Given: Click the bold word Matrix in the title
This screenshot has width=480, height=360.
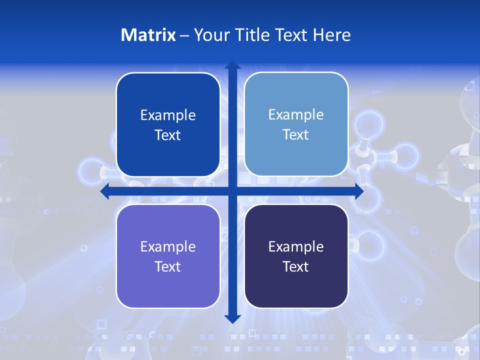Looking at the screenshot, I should coord(148,35).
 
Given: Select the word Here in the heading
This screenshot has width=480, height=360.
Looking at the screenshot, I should coord(332,35).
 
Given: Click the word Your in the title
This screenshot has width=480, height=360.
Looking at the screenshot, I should coord(210,35).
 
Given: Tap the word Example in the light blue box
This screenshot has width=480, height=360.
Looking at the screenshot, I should coord(296,114).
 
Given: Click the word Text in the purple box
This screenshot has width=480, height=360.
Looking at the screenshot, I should coord(168,266).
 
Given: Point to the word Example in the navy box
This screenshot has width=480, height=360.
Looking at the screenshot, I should coord(296,246).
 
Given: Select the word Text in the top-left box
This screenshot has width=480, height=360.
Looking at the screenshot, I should coord(168,135).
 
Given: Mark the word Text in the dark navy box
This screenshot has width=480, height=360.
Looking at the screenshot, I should coord(296,266).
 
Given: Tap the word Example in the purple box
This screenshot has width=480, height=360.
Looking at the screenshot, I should coord(168,246).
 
